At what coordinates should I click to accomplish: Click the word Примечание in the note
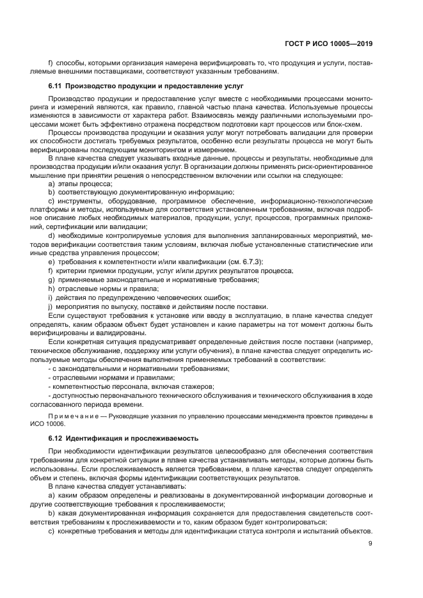pos(70,416)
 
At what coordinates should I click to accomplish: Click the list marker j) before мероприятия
pos(51,306)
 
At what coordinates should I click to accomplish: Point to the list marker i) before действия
pos(51,297)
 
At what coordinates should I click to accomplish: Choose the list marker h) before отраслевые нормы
pos(51,288)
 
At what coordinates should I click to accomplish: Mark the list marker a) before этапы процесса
pos(51,183)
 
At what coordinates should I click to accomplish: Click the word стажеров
pos(196,386)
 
